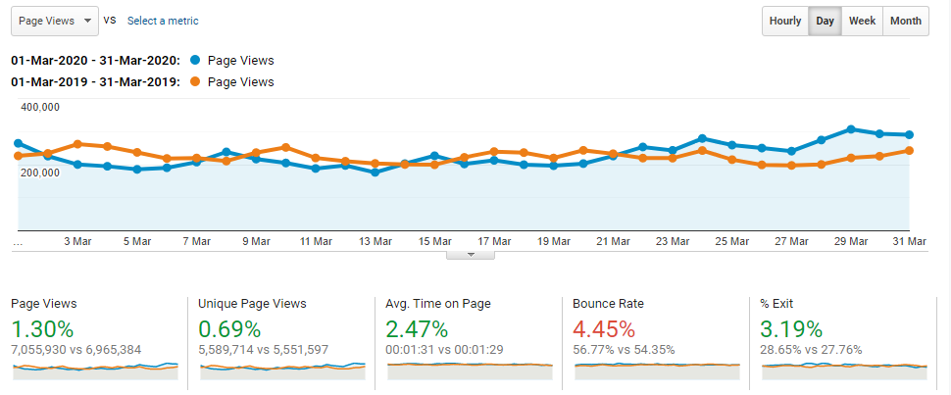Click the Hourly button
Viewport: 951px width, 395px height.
[785, 22]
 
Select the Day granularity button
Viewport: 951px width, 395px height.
[826, 22]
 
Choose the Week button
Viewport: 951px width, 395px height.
[863, 22]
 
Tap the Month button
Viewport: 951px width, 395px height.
[906, 22]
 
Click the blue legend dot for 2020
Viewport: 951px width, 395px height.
[196, 61]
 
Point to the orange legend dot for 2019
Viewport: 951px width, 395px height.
[196, 82]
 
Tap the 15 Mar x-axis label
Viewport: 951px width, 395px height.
[434, 241]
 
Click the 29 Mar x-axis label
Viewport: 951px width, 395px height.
[851, 241]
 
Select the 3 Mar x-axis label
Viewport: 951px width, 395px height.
[77, 241]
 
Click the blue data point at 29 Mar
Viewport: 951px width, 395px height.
[851, 129]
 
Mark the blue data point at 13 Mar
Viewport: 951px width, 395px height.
[375, 173]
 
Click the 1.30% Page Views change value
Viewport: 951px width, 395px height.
[42, 329]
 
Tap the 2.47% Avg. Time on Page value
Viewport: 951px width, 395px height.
[418, 329]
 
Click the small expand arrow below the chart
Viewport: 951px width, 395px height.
[471, 255]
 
